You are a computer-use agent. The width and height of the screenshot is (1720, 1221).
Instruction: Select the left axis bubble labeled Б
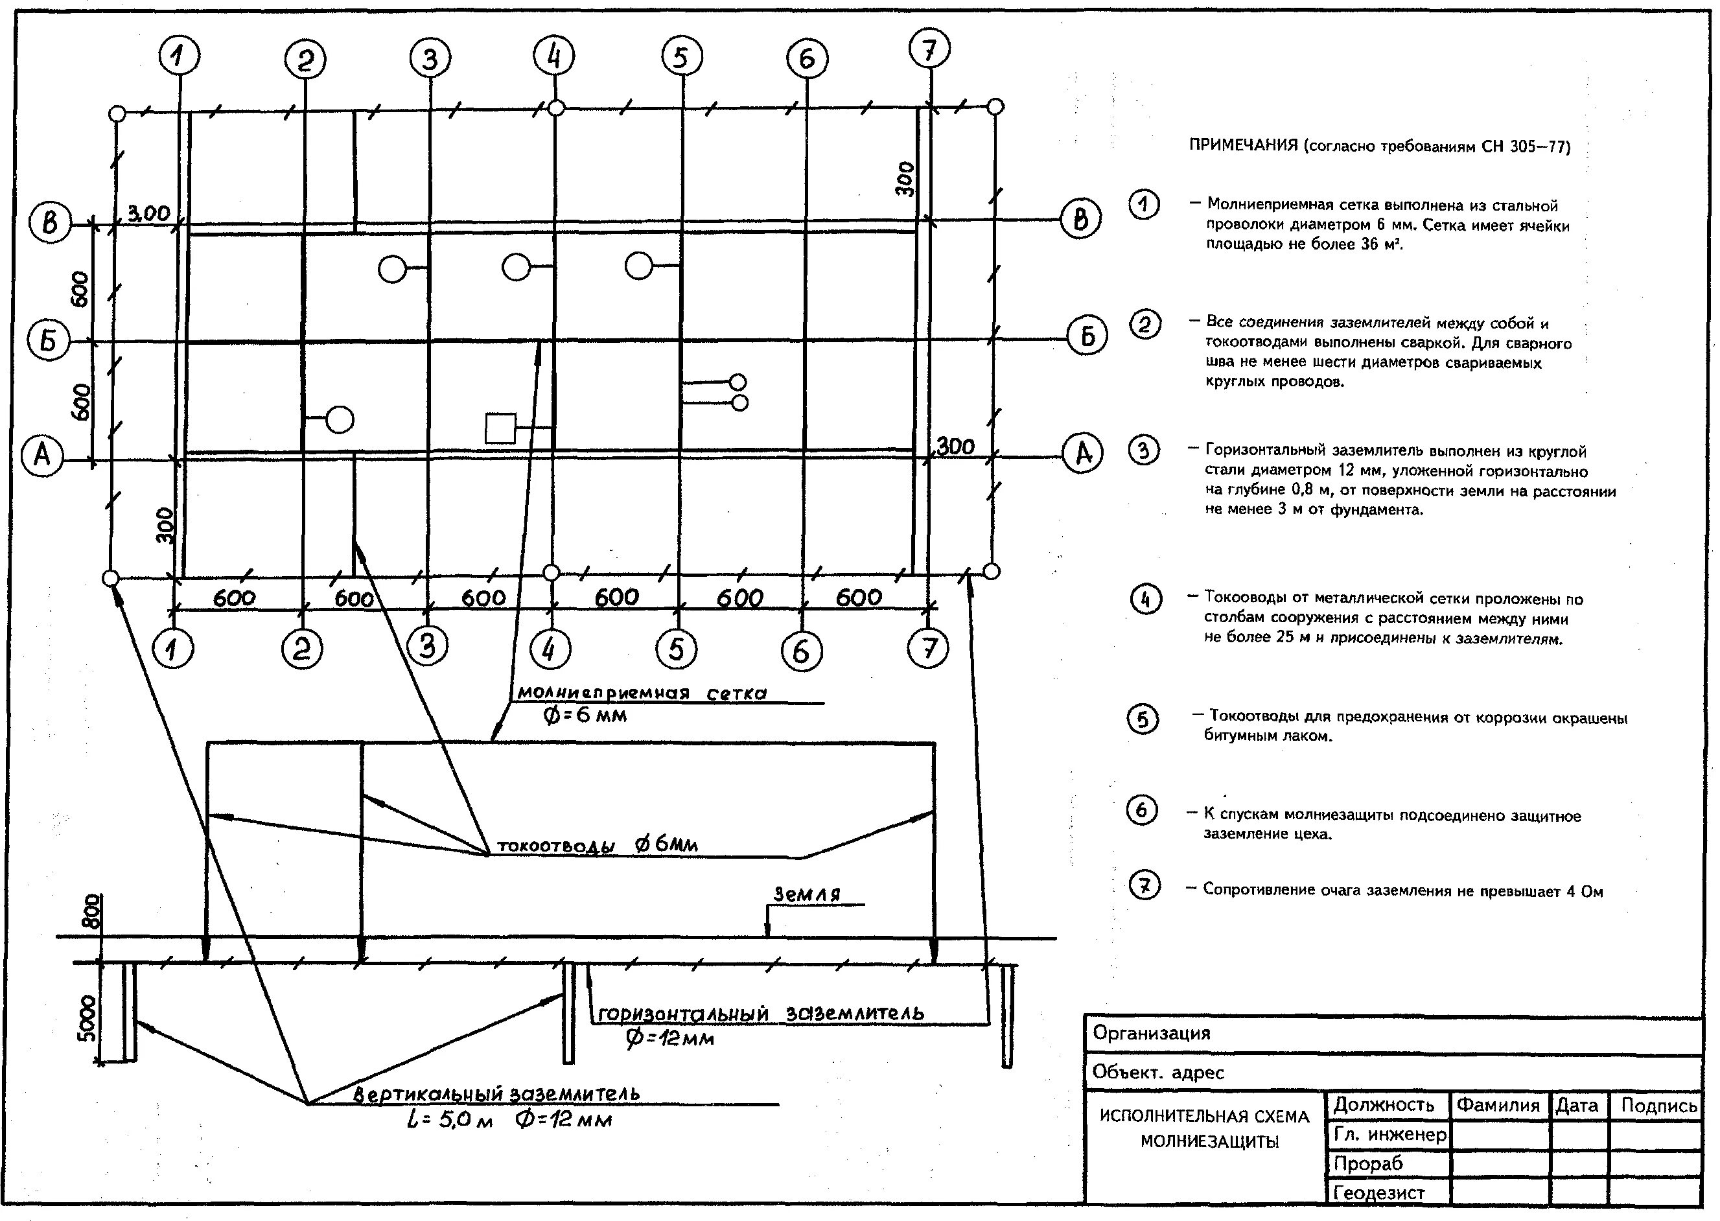pyautogui.click(x=49, y=340)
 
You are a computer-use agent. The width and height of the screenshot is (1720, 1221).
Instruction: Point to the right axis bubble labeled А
pyautogui.click(x=1082, y=454)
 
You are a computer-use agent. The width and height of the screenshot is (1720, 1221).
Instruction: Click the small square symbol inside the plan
pyautogui.click(x=500, y=428)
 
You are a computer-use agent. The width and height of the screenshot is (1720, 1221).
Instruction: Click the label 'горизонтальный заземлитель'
pyautogui.click(x=760, y=1014)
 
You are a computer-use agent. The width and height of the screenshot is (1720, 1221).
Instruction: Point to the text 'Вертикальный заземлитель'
pyautogui.click(x=496, y=1093)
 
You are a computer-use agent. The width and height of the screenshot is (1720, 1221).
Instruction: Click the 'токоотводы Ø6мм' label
pyautogui.click(x=598, y=845)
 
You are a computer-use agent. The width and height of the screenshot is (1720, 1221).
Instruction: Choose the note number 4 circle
pyautogui.click(x=1146, y=599)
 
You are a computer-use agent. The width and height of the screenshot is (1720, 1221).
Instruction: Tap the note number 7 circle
pyautogui.click(x=1144, y=886)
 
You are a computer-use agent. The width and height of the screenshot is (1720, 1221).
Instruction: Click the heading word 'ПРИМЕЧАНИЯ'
pyautogui.click(x=1242, y=145)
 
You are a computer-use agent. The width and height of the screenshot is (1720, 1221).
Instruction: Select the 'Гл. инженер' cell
pyautogui.click(x=1389, y=1135)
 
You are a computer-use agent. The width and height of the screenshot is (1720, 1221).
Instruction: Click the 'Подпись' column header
pyautogui.click(x=1658, y=1105)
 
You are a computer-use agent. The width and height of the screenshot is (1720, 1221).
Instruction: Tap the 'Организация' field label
pyautogui.click(x=1151, y=1033)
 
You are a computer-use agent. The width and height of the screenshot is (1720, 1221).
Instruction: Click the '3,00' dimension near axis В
pyautogui.click(x=149, y=213)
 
